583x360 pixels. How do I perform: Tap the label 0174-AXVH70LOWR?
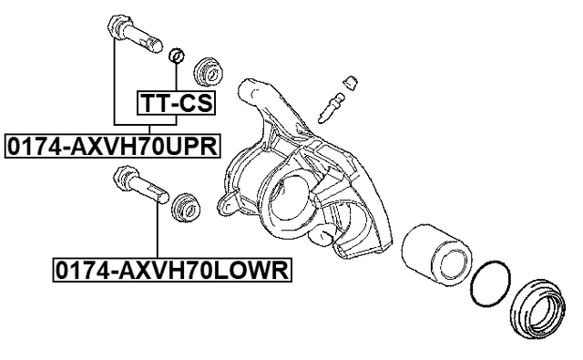click(167, 270)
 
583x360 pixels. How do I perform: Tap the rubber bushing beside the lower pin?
click(187, 205)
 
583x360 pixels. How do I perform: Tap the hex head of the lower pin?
click(121, 176)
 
